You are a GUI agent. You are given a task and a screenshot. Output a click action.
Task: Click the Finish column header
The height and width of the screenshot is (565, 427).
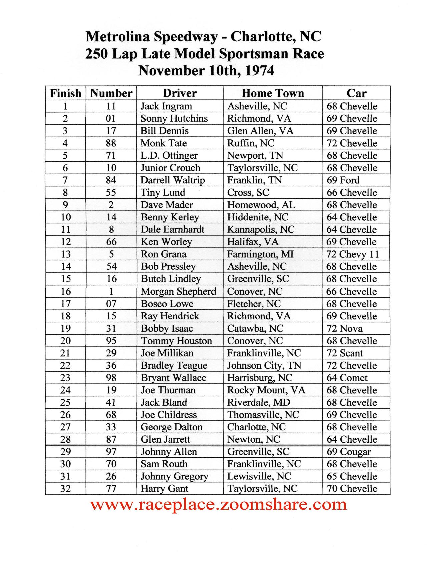[x=65, y=93]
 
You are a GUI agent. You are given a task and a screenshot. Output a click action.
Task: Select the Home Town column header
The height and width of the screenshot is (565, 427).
[x=273, y=93]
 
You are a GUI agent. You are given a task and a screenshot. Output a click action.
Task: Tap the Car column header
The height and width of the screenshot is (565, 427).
[x=356, y=93]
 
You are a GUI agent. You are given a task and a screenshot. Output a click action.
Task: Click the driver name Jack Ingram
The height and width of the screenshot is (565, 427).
[x=166, y=106]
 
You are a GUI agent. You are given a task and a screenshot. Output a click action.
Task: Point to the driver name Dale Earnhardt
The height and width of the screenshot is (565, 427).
[x=172, y=229]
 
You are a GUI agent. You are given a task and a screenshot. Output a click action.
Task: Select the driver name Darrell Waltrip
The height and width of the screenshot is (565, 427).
[x=172, y=180]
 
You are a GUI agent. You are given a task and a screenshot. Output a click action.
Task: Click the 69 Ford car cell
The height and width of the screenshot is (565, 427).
[x=343, y=180]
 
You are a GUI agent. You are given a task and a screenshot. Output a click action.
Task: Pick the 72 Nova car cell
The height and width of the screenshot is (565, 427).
[x=344, y=328]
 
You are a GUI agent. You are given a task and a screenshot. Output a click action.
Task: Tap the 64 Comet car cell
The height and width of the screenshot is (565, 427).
[x=347, y=378]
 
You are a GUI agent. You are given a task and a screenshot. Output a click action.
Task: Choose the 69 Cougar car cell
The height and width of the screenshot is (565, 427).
[x=348, y=452]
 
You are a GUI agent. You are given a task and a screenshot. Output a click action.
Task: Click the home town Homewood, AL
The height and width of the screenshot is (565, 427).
[x=261, y=205]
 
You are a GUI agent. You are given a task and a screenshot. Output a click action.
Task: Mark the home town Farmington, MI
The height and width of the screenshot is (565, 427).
[x=260, y=254]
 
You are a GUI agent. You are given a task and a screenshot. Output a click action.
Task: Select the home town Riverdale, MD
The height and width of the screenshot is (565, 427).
[x=259, y=402]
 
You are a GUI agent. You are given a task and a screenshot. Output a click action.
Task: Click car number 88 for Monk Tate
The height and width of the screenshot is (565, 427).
[x=111, y=143]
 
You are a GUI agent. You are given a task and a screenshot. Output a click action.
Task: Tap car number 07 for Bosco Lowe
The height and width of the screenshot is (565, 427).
[x=111, y=304]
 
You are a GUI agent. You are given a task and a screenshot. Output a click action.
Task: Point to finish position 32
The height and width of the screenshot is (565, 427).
[x=65, y=489]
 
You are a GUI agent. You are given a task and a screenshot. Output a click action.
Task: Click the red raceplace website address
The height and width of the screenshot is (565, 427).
[x=219, y=504]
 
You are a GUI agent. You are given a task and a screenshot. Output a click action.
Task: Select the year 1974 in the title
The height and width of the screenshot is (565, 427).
[x=260, y=71]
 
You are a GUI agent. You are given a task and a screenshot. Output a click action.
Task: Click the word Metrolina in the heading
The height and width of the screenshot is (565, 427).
[x=118, y=36]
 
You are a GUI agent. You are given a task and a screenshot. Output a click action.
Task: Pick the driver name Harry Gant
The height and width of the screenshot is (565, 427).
[x=164, y=489]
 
